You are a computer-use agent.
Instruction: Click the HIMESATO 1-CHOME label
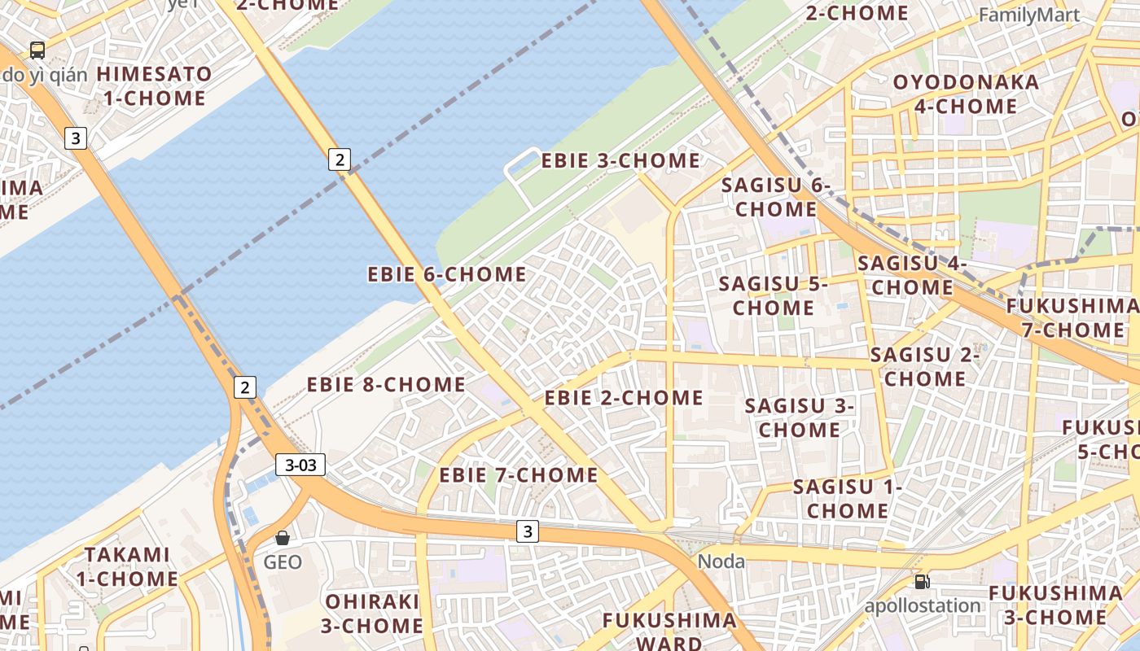(154, 86)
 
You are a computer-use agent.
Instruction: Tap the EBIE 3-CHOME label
(620, 160)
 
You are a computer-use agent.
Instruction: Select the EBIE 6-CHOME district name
(447, 274)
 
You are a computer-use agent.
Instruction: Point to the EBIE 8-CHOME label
(386, 384)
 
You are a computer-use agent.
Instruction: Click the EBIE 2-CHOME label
(624, 398)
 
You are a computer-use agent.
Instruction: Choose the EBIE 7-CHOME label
(519, 474)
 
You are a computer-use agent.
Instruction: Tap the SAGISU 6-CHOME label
(775, 197)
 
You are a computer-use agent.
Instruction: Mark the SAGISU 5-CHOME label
(773, 296)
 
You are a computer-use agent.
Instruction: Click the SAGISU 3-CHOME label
(799, 417)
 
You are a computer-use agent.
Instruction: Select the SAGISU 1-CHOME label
(848, 499)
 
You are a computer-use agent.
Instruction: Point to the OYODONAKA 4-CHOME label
(966, 94)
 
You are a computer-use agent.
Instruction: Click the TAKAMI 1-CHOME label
(128, 566)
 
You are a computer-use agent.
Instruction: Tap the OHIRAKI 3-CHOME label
(373, 614)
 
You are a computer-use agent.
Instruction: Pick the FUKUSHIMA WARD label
(669, 631)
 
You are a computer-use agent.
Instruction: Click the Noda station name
(721, 561)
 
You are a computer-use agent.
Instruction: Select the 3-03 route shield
(300, 465)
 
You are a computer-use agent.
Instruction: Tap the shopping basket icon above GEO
(283, 538)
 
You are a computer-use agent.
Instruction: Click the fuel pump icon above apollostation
(922, 581)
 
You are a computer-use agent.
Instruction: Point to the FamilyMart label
(1029, 15)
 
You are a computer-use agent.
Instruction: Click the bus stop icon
(37, 50)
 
